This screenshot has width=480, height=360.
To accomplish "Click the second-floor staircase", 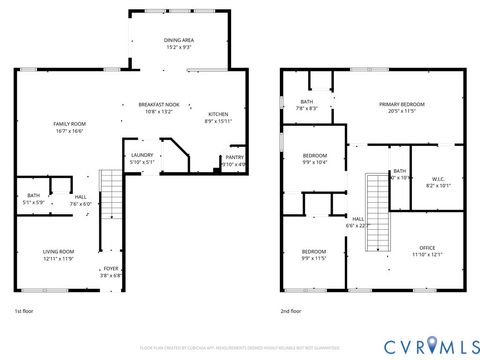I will (376, 196).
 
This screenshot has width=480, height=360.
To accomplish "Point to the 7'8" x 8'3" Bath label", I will (309, 104).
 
